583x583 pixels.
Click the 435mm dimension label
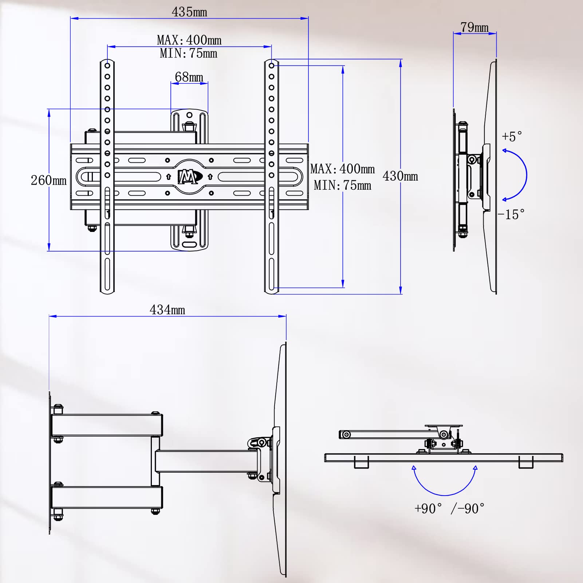(189, 12)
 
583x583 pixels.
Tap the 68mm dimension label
(189, 77)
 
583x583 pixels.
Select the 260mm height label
(48, 180)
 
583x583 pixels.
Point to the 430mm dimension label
(400, 176)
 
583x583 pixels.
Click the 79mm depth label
(474, 27)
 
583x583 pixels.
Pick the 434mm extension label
(167, 310)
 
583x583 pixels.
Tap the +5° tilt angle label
(512, 137)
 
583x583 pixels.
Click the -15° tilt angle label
(511, 214)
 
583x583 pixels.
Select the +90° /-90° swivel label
(449, 509)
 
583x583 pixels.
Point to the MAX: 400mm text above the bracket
(189, 40)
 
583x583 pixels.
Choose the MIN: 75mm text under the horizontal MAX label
(189, 54)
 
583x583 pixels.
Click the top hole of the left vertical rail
(107, 66)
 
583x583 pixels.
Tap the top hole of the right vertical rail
(272, 66)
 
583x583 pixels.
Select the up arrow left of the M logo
(169, 177)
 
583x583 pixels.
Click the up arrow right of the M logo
(210, 177)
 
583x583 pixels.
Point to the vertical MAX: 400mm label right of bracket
(342, 169)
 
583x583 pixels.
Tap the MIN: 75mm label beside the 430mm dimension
(342, 185)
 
